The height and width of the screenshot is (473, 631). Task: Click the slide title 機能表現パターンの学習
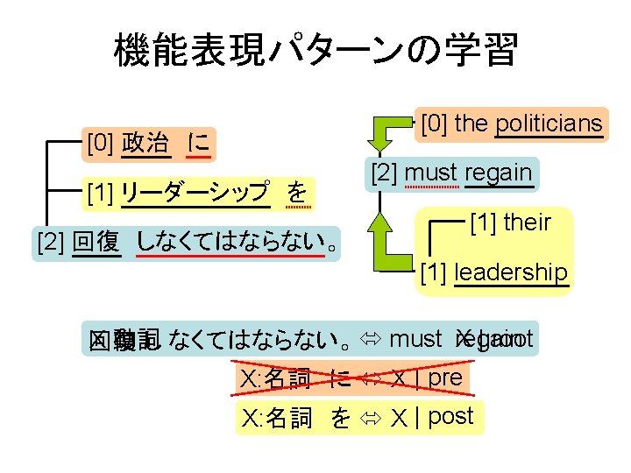(315, 50)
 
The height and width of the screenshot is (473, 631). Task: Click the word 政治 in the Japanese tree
(145, 142)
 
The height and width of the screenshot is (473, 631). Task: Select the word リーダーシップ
(195, 192)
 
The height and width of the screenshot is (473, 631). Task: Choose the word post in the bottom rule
(450, 416)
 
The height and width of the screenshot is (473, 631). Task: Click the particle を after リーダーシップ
(298, 192)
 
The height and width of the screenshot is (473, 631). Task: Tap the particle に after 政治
(199, 142)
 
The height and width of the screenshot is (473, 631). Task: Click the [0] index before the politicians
(435, 124)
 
